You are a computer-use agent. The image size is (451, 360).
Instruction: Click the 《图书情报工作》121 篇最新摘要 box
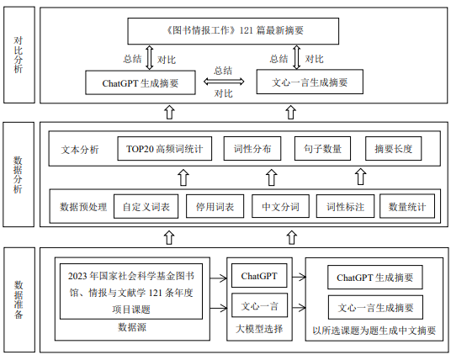tap(233, 31)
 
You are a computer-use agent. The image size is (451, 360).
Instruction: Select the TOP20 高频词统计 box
tap(165, 149)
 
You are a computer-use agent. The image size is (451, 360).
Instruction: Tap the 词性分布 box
tap(252, 149)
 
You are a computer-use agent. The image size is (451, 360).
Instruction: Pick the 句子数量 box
tap(322, 149)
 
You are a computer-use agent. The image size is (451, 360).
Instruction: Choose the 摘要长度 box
tap(393, 149)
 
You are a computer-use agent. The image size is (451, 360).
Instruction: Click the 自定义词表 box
tap(146, 206)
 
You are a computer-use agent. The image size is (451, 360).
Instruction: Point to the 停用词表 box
tap(215, 206)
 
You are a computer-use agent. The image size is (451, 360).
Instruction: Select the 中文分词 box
tap(280, 206)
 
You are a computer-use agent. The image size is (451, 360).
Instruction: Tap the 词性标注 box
tap(345, 206)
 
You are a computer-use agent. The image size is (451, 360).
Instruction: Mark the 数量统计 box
tap(407, 206)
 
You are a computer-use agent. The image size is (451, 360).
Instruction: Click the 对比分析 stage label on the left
tap(19, 55)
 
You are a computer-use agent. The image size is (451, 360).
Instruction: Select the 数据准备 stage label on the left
tap(19, 300)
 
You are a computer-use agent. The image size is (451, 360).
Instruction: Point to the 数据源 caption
tap(132, 327)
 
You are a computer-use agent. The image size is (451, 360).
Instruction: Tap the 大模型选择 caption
tap(259, 329)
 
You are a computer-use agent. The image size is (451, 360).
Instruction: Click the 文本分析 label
tap(80, 150)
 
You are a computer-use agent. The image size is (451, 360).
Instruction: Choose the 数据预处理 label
tap(83, 207)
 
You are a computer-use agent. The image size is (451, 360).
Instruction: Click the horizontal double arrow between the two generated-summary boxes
tap(224, 82)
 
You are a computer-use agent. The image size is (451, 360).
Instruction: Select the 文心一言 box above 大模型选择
tap(259, 305)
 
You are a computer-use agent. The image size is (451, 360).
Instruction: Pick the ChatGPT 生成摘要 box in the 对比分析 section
tap(141, 82)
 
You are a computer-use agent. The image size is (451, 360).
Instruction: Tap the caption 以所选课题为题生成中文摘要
tap(374, 331)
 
